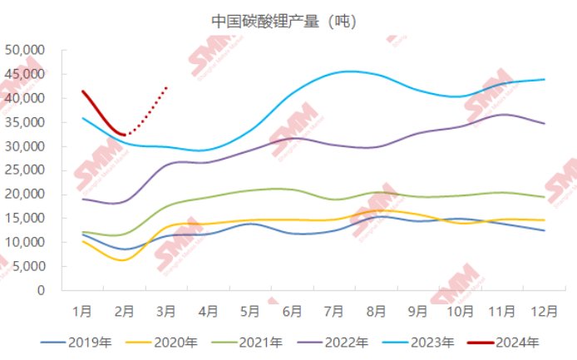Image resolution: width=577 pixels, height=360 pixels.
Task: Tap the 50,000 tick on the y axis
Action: coord(24,50)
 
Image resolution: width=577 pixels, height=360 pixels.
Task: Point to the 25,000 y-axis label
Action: coord(24,170)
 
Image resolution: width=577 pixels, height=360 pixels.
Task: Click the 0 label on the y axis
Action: coord(40,291)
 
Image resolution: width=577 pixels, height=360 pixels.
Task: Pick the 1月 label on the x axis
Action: coord(82,312)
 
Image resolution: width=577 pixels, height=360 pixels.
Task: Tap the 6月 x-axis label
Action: coord(292,312)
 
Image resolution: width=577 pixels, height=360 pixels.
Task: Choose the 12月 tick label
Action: coord(544,312)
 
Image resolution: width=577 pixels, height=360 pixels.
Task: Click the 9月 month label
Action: coord(417,312)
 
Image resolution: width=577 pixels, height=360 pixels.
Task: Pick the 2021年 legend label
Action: coord(251,342)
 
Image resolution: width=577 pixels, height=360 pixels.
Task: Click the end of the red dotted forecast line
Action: coord(167,86)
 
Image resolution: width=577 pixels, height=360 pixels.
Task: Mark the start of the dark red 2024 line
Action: coord(82,91)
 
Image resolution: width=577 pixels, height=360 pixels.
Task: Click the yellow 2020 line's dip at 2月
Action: coord(123,260)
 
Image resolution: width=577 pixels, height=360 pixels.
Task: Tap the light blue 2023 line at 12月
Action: coord(545,79)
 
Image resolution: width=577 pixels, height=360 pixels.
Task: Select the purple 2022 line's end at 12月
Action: coord(545,123)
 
